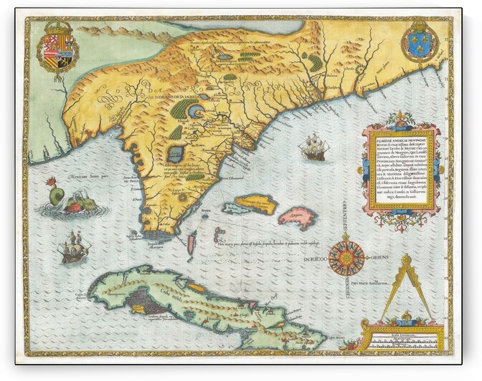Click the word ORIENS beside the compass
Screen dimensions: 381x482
[381, 259]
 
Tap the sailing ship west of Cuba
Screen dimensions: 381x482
[75, 247]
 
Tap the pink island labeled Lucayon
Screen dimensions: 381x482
[297, 217]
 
